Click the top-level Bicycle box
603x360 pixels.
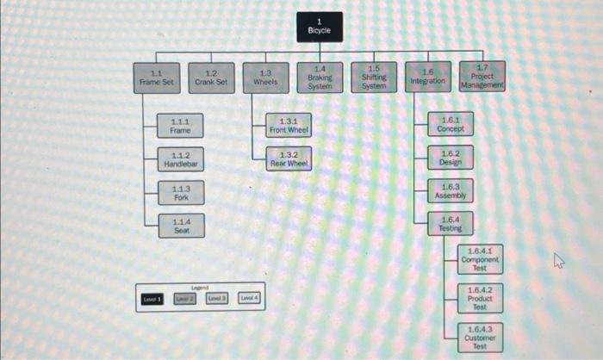tap(320, 27)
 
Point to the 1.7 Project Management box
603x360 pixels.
tap(482, 78)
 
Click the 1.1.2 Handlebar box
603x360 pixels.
tap(181, 159)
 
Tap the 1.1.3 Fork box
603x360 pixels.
tap(181, 193)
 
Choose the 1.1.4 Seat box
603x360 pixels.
tap(181, 226)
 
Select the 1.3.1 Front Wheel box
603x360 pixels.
tap(289, 126)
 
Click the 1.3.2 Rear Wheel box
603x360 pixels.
tap(289, 159)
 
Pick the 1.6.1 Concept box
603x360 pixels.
tap(450, 125)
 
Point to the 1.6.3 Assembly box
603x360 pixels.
tap(450, 191)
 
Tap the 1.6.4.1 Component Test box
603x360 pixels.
tap(480, 259)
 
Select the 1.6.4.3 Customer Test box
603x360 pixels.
tap(480, 337)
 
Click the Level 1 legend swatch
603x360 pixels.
tap(152, 298)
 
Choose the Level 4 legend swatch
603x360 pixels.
tap(250, 298)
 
